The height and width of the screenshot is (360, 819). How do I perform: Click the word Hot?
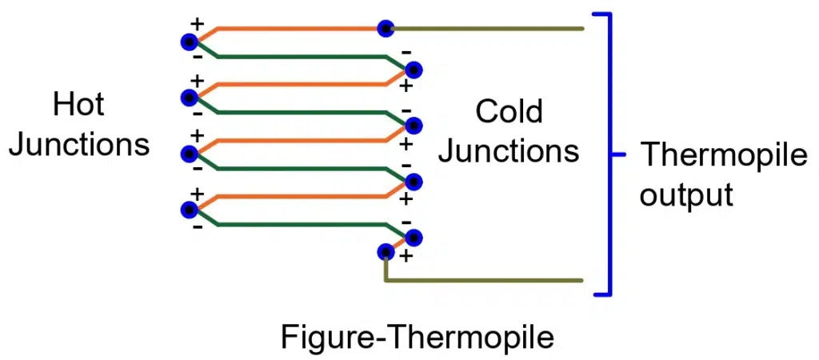pyautogui.click(x=78, y=105)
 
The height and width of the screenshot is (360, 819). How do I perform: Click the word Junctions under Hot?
pyautogui.click(x=78, y=145)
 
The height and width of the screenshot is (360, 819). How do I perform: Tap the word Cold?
pyautogui.click(x=509, y=111)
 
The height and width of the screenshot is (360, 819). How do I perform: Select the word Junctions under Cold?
pyautogui.click(x=509, y=151)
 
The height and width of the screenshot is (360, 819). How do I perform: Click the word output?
pyautogui.click(x=686, y=195)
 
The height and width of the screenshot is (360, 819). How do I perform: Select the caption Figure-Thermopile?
pyautogui.click(x=417, y=338)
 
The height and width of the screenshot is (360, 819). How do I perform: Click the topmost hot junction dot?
pyautogui.click(x=190, y=42)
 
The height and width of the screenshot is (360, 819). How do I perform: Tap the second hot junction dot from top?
pyautogui.click(x=190, y=97)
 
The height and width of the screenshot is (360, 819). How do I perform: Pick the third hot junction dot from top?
pyautogui.click(x=190, y=153)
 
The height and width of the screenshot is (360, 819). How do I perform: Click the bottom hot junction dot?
pyautogui.click(x=190, y=209)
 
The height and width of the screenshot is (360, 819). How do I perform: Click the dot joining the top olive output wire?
pyautogui.click(x=386, y=29)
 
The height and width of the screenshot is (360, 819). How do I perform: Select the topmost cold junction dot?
pyautogui.click(x=413, y=70)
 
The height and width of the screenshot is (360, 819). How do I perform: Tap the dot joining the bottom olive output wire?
pyautogui.click(x=386, y=252)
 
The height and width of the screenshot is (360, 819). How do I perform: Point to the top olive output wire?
pyautogui.click(x=488, y=29)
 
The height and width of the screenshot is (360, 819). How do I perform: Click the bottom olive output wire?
pyautogui.click(x=488, y=281)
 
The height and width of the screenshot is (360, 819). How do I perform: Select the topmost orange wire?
pyautogui.click(x=296, y=29)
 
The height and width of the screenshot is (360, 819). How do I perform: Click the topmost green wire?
pyautogui.click(x=304, y=57)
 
